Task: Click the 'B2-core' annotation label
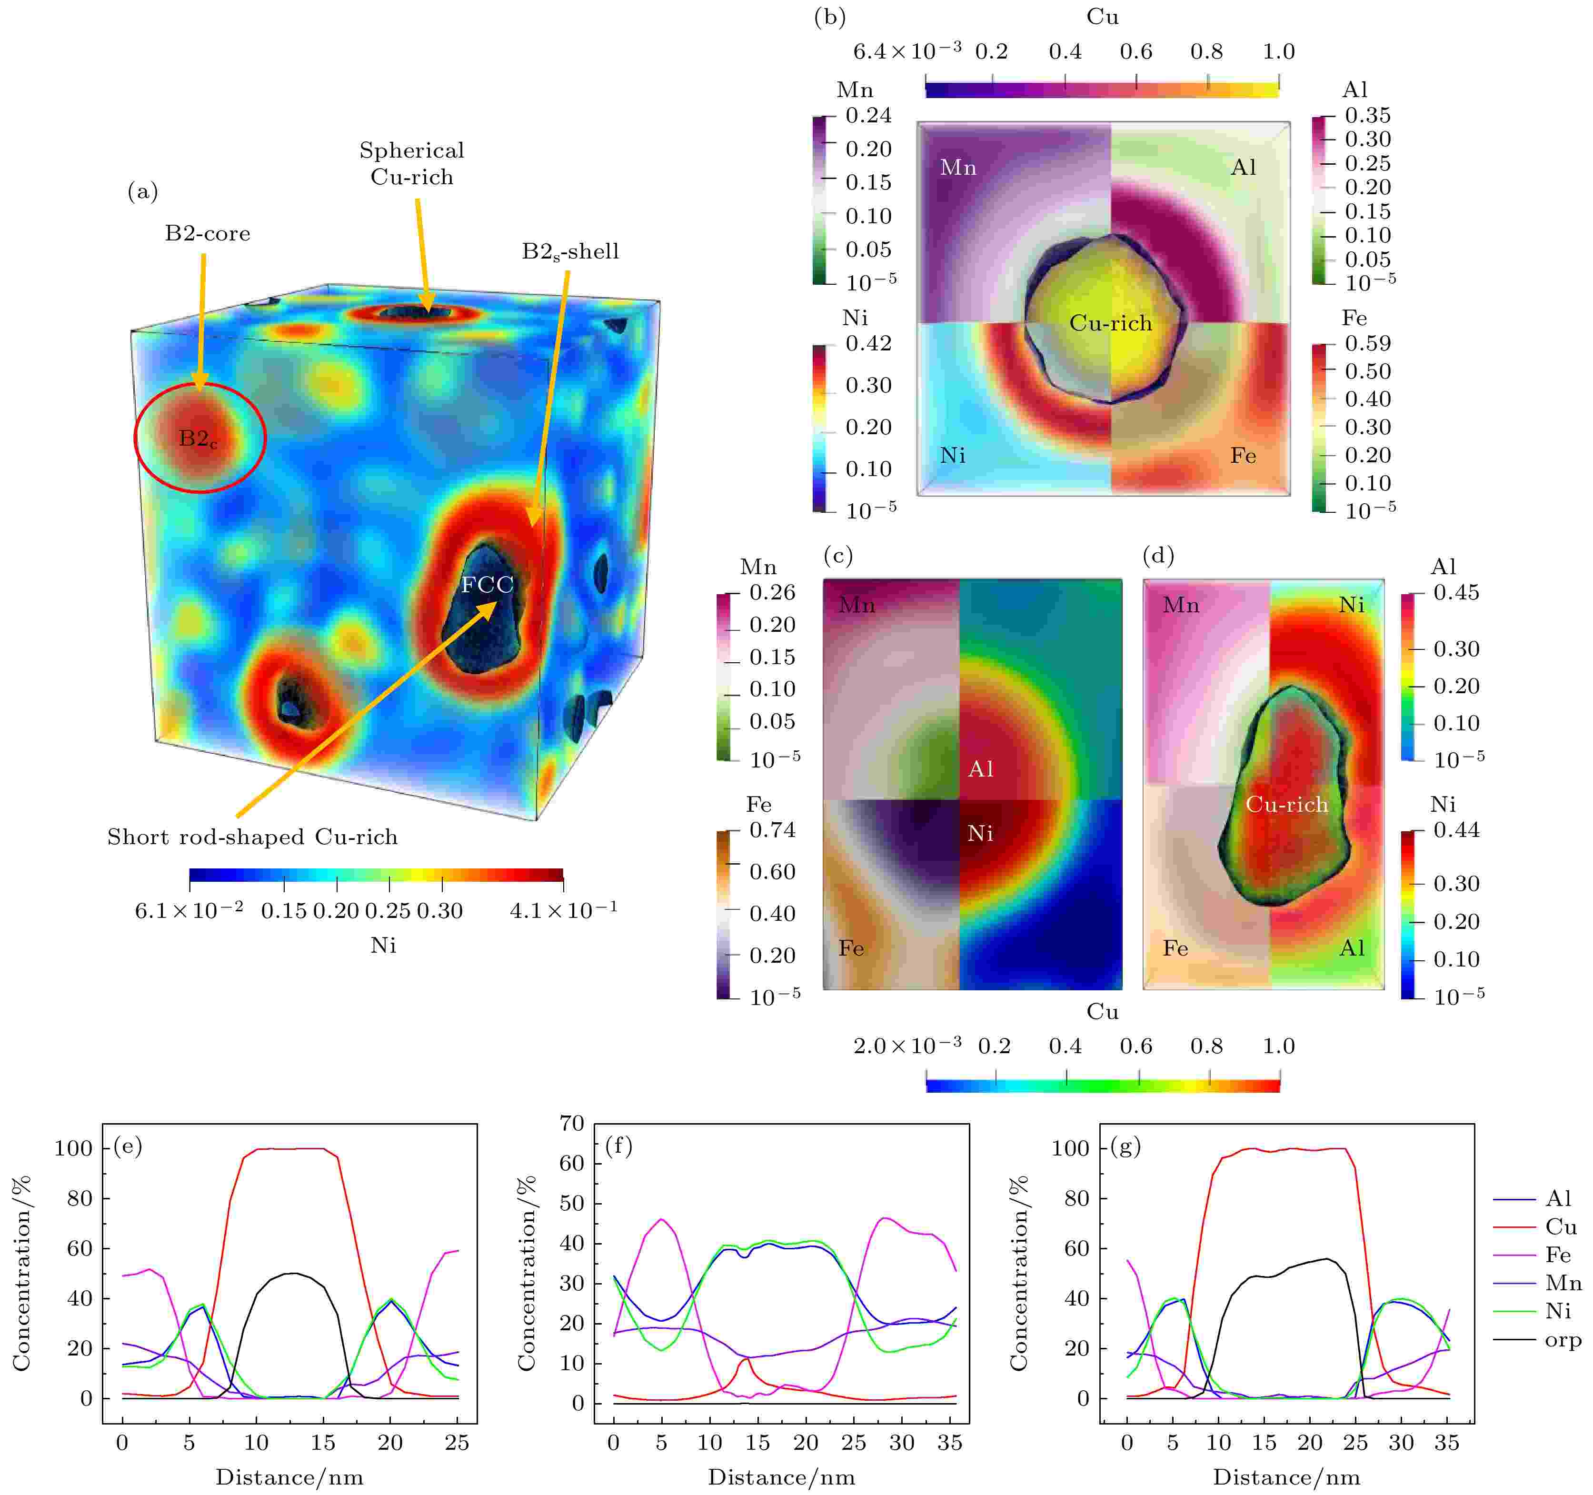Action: [208, 233]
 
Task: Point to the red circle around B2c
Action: [135, 438]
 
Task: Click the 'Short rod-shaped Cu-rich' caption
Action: [252, 837]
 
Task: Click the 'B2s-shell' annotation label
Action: [570, 251]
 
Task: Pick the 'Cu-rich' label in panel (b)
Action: [1111, 323]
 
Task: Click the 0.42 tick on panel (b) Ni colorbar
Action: [868, 344]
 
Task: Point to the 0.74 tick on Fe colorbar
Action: [772, 830]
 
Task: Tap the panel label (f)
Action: [618, 1146]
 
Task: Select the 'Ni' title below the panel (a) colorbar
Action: [383, 946]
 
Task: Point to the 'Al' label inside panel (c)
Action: [981, 769]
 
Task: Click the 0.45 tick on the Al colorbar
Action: [1456, 593]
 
